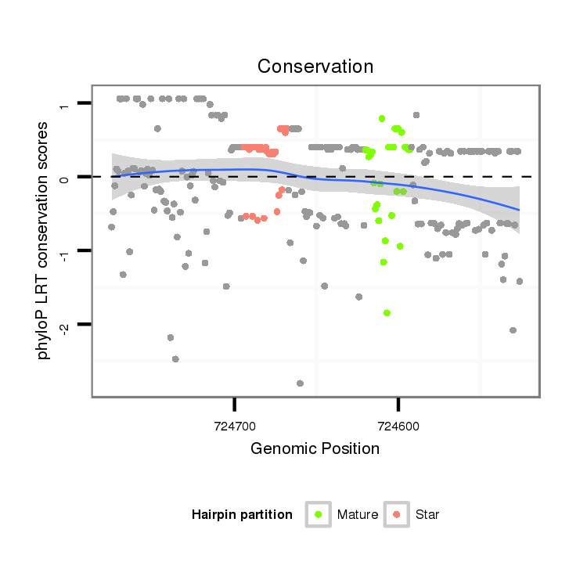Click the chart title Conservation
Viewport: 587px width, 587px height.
pyautogui.click(x=315, y=66)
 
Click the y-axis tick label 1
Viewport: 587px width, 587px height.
pyautogui.click(x=64, y=104)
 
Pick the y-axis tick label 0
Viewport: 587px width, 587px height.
pyautogui.click(x=64, y=178)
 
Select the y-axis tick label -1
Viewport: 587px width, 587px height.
pyautogui.click(x=64, y=252)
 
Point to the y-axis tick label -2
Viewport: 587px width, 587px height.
pyautogui.click(x=64, y=326)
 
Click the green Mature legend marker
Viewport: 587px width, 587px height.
pyautogui.click(x=318, y=514)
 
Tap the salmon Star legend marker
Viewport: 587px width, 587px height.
pyautogui.click(x=397, y=514)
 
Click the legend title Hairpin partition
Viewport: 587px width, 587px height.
pyautogui.click(x=242, y=515)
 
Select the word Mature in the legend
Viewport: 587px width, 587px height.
pyautogui.click(x=358, y=515)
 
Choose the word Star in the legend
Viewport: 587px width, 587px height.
pyautogui.click(x=428, y=515)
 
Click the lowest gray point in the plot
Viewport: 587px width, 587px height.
pyautogui.click(x=300, y=384)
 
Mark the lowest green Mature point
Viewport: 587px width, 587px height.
pyautogui.click(x=387, y=313)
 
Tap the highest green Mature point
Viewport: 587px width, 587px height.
pyautogui.click(x=382, y=118)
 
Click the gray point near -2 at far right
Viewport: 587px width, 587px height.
pyautogui.click(x=513, y=330)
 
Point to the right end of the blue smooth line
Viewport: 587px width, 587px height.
pyautogui.click(x=518, y=210)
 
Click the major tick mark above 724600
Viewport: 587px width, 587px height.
pyautogui.click(x=398, y=403)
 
